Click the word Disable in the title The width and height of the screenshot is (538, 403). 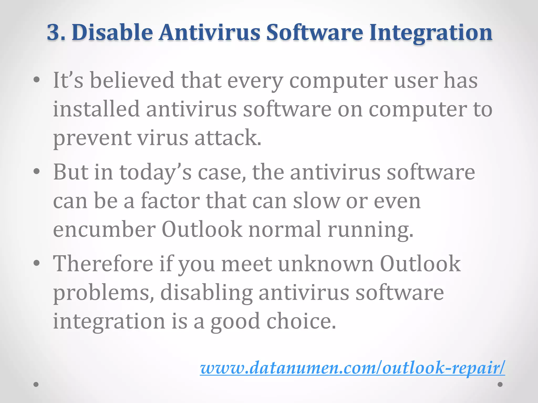112,33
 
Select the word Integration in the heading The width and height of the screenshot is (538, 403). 431,33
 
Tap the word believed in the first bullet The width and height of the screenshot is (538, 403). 132,80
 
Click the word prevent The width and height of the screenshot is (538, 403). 92,138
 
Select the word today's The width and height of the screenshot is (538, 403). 155,173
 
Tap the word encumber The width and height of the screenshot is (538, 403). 104,230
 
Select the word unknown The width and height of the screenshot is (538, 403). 326,264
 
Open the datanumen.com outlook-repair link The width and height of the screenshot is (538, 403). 352,368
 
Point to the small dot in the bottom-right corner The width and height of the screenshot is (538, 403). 500,384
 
